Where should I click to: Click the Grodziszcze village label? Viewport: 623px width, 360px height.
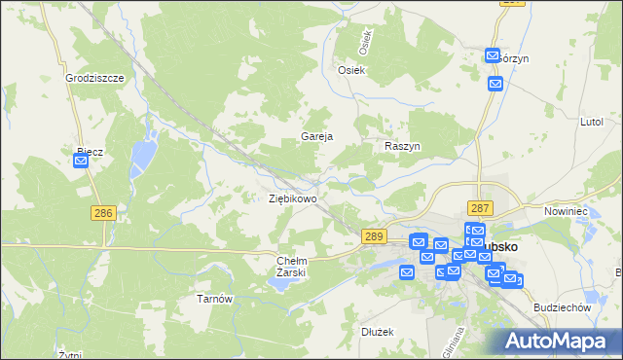click(94, 77)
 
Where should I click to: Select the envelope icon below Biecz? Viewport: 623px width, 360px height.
click(81, 162)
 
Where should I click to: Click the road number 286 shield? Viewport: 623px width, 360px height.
click(103, 213)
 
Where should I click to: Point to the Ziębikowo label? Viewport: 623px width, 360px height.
click(292, 198)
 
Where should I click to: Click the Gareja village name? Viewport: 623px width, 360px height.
click(317, 137)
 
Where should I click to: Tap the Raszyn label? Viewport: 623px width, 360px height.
click(401, 145)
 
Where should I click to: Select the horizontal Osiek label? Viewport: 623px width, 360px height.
click(350, 70)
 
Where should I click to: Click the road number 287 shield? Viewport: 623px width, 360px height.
click(480, 208)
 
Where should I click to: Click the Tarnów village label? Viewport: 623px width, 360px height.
click(215, 299)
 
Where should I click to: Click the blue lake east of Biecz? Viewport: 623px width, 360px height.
click(144, 151)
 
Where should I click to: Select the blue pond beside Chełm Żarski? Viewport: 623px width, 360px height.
click(272, 284)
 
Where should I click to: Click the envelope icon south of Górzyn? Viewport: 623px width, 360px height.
click(495, 84)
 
